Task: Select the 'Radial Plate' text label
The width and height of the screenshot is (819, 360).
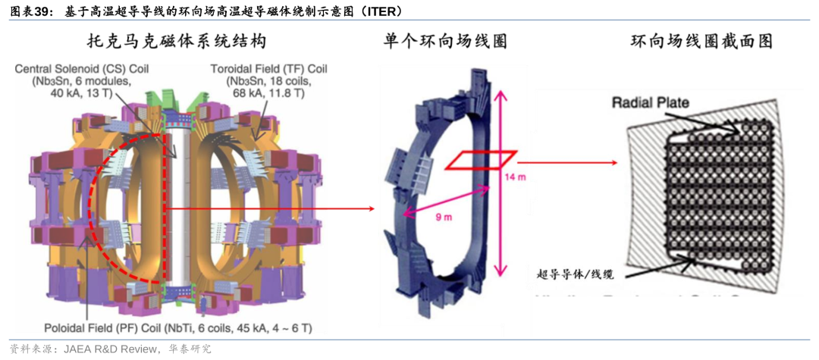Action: pyautogui.click(x=651, y=102)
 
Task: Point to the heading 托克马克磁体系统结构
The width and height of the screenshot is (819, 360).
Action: pyautogui.click(x=168, y=41)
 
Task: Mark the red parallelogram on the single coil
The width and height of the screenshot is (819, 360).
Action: pyautogui.click(x=480, y=160)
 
